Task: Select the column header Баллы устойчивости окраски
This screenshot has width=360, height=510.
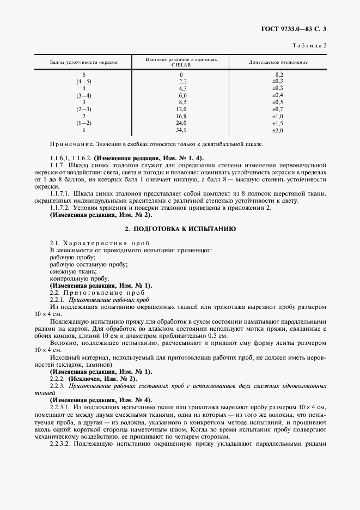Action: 84,62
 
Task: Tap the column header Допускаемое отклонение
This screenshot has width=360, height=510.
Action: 278,62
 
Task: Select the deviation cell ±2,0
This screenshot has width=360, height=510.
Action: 278,130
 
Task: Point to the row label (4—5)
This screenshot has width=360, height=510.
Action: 84,81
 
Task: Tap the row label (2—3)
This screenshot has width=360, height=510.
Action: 84,109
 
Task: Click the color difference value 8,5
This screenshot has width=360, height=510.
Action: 182,102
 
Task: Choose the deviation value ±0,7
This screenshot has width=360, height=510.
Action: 278,109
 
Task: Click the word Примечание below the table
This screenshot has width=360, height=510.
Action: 71,144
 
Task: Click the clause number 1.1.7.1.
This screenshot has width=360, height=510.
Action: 60,194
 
